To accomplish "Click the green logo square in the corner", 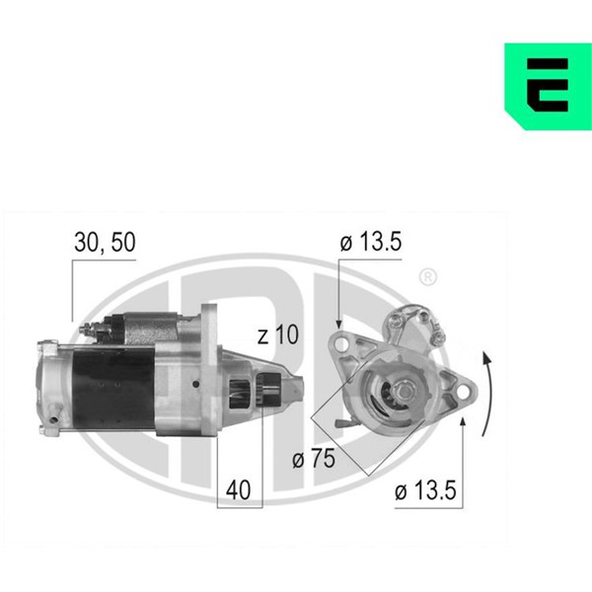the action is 549,87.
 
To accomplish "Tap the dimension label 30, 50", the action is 105,242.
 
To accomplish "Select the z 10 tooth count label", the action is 278,334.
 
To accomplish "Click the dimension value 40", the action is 238,490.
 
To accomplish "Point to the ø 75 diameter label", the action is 314,459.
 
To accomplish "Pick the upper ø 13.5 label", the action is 371,242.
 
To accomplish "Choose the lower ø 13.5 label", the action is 425,490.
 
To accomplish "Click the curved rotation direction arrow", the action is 489,394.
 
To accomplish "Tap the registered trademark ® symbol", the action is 428,277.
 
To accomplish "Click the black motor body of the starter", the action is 113,389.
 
